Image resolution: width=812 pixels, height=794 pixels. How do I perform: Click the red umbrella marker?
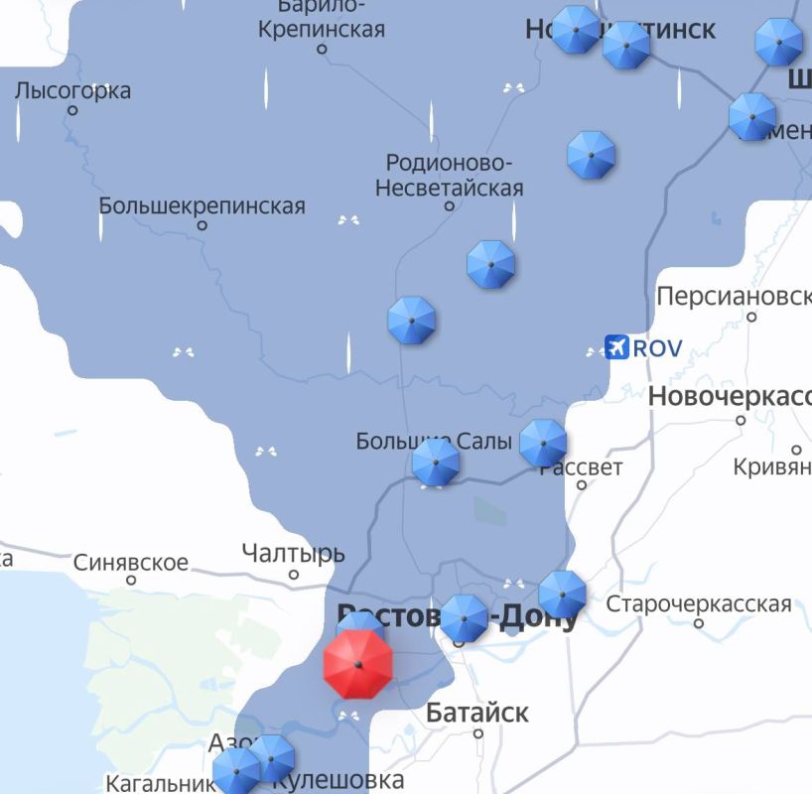[x=357, y=664]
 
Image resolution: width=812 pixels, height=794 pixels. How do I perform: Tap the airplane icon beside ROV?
[x=617, y=348]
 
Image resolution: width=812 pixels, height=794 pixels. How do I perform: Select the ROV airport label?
[x=657, y=348]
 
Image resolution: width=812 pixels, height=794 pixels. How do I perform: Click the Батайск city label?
[x=476, y=713]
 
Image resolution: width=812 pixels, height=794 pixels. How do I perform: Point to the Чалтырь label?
[x=293, y=554]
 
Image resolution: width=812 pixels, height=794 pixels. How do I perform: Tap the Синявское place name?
[x=130, y=563]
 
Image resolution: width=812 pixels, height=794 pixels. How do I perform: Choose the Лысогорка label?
[x=72, y=91]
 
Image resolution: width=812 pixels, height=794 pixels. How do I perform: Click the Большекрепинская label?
[x=202, y=206]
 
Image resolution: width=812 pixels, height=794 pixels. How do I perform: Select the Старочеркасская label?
[x=699, y=603]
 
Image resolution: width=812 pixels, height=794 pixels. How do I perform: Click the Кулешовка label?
[x=338, y=781]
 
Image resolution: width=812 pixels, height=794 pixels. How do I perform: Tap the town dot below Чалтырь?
[x=294, y=575]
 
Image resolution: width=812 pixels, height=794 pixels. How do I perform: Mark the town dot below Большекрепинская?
[x=203, y=225]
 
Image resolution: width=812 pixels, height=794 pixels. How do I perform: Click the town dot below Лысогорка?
[x=72, y=110]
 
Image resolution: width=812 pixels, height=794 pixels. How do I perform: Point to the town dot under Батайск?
[x=477, y=734]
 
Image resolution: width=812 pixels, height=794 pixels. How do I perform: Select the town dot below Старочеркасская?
[x=699, y=623]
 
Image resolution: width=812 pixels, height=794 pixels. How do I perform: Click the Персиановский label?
[x=734, y=297]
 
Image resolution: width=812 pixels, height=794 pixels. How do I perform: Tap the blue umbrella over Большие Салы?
[x=435, y=463]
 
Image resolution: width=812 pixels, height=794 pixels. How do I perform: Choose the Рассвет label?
[x=582, y=467]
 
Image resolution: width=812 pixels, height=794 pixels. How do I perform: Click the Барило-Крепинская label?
[x=321, y=19]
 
